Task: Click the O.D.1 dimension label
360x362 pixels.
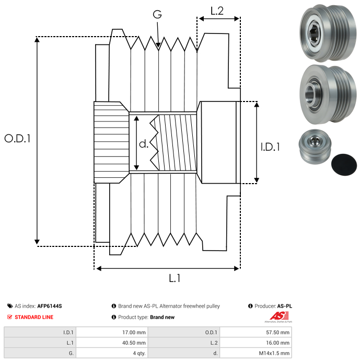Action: click(18, 139)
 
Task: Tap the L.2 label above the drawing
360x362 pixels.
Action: click(217, 10)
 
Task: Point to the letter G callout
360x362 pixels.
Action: click(157, 15)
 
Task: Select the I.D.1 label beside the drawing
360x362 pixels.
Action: click(270, 148)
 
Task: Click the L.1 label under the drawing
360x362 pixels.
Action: click(175, 278)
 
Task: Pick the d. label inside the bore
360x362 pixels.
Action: click(144, 144)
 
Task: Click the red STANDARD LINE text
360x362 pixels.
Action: click(34, 317)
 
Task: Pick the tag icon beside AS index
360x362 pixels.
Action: click(10, 306)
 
